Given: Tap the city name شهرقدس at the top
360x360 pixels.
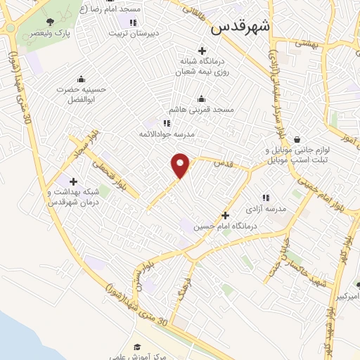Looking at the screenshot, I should tap(240, 28).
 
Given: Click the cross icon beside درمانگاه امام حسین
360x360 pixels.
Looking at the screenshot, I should tap(225, 215).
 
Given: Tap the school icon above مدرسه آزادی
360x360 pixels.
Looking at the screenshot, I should tap(266, 198).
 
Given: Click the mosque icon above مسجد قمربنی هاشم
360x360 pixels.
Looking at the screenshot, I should tap(202, 98).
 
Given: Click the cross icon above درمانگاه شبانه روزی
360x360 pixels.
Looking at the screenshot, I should tap(202, 51).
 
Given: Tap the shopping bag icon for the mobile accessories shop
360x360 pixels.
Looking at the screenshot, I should tap(298, 139).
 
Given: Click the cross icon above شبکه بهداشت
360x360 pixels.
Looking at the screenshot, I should tap(73, 181).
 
